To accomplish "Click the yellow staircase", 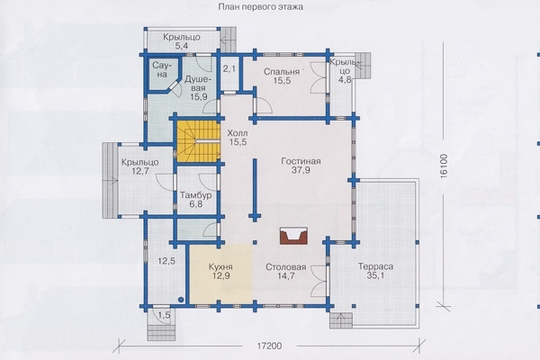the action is (x=198, y=141).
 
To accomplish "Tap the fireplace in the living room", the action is (x=293, y=236).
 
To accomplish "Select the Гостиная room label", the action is (x=301, y=161).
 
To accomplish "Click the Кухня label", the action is (x=220, y=267).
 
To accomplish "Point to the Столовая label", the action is (x=286, y=267).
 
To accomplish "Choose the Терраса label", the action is (x=375, y=266).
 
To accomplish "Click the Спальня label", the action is (x=282, y=72).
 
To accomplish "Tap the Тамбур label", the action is (x=195, y=195).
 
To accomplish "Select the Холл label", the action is (x=238, y=133).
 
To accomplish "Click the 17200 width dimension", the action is (x=269, y=346).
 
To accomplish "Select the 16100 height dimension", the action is (x=444, y=166).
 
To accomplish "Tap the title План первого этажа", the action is (x=261, y=7).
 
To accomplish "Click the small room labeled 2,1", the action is (x=229, y=73).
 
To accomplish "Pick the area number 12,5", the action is (x=166, y=261).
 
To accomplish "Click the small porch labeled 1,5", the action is (x=165, y=315).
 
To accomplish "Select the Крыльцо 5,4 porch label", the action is (x=182, y=41).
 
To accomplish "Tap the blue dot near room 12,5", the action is (x=181, y=300).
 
